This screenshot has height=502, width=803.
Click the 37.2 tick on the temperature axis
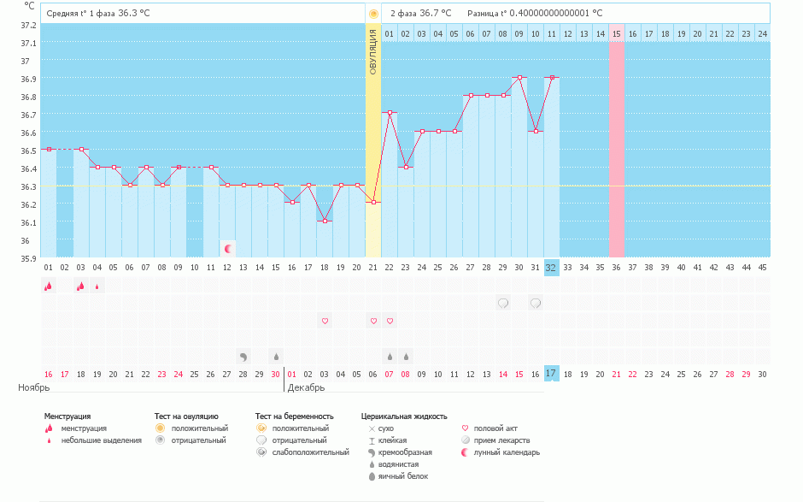[28, 25]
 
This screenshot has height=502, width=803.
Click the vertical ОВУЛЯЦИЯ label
[372, 51]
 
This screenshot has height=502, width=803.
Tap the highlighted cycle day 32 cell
[551, 267]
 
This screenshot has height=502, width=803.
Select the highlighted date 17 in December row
[551, 374]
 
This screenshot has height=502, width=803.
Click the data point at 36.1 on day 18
[325, 221]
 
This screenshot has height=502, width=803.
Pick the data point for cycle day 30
[519, 78]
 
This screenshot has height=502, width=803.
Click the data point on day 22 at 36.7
[390, 113]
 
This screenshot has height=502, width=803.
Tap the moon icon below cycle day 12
[228, 249]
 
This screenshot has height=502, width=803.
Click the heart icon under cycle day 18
[325, 321]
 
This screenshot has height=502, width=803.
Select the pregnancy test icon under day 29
[503, 303]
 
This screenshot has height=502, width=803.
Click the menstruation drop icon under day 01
[48, 286]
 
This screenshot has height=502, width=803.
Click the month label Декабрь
[306, 387]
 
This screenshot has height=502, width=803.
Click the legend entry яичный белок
[396, 476]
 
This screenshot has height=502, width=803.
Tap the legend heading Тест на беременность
[294, 416]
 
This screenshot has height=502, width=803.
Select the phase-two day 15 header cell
[616, 33]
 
